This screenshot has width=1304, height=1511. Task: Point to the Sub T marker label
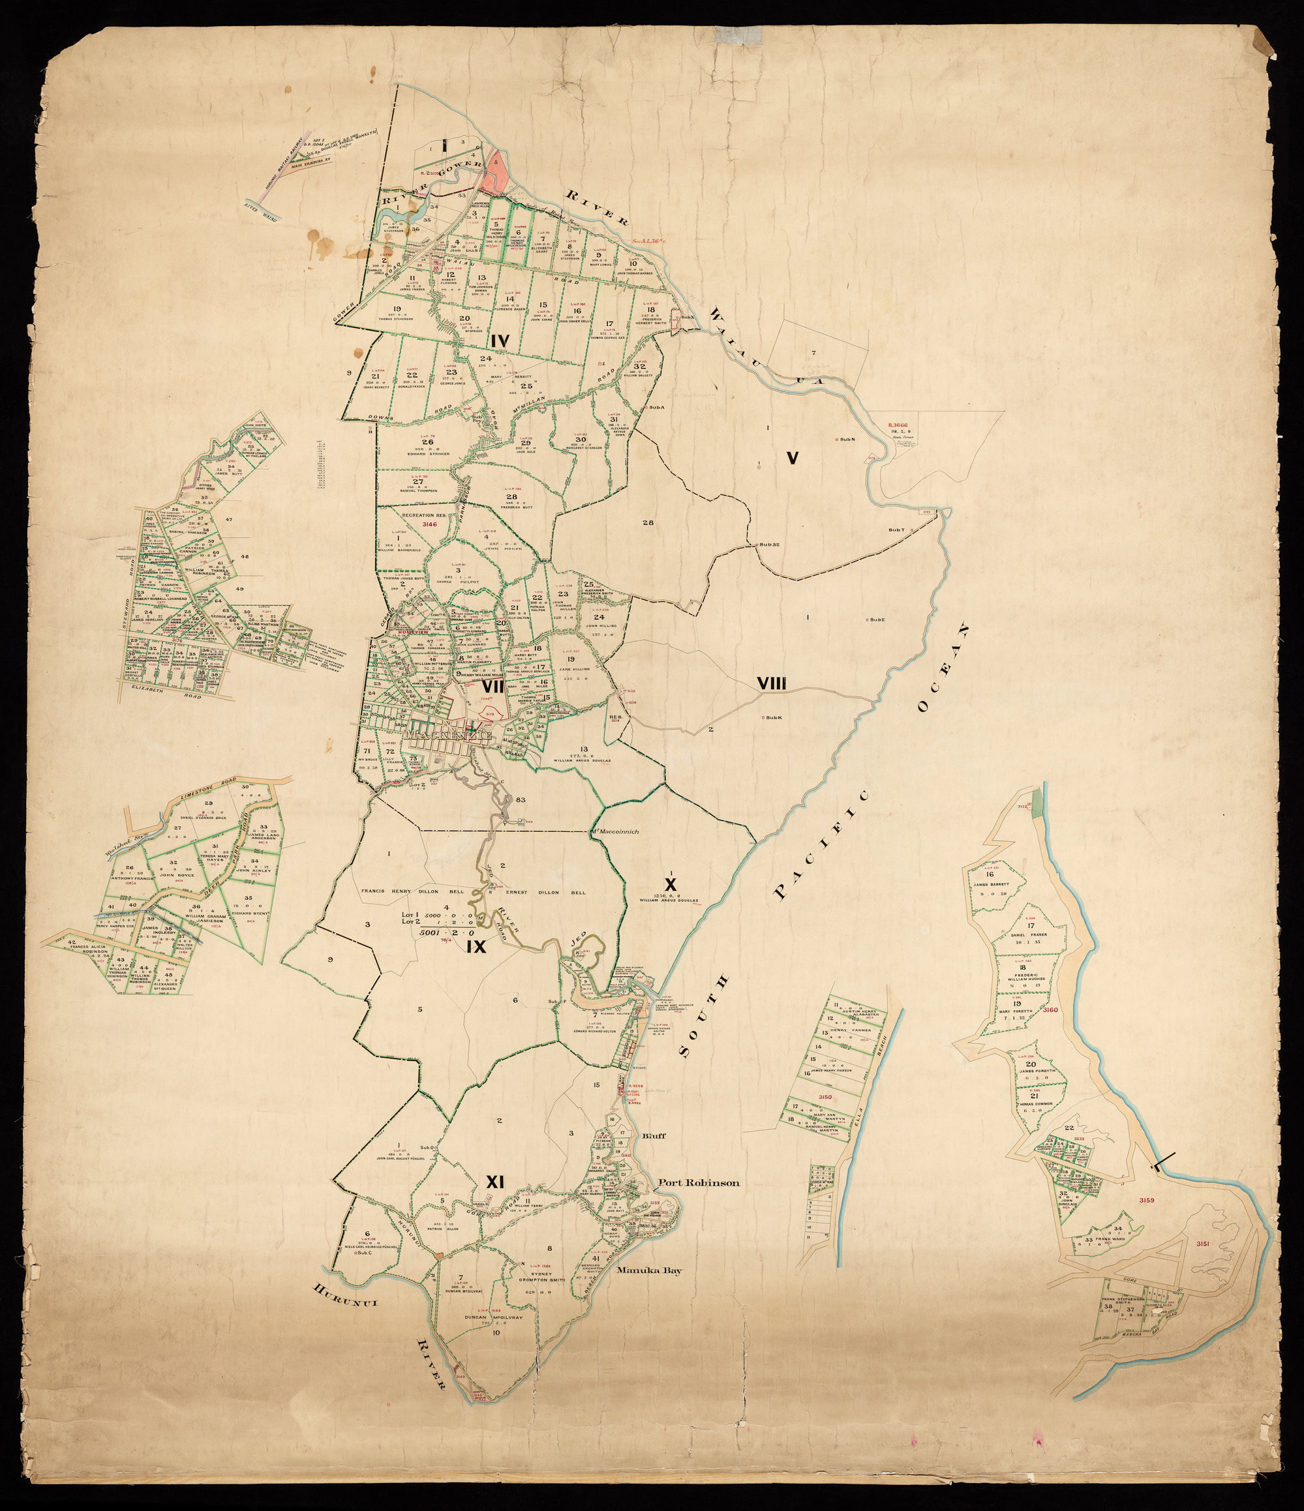point(896,530)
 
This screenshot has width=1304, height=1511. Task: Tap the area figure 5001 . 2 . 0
point(446,932)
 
